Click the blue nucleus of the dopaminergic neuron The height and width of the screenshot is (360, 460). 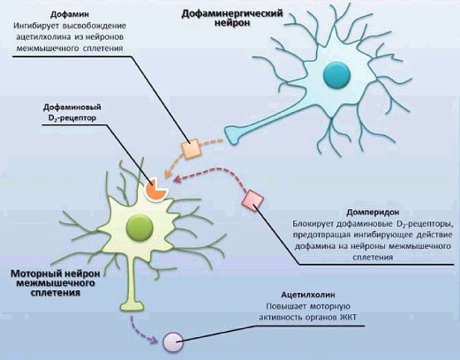click(x=336, y=75)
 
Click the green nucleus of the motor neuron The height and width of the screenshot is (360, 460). click(x=140, y=228)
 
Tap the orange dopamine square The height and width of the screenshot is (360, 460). click(x=192, y=149)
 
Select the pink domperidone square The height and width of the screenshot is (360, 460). click(x=253, y=200)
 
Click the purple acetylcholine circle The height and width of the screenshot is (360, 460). click(x=173, y=342)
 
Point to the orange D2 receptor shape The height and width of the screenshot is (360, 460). click(x=155, y=190)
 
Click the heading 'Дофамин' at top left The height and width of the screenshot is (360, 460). click(x=70, y=14)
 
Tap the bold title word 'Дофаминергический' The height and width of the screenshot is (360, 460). click(x=232, y=13)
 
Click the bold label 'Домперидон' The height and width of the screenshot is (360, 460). click(x=373, y=212)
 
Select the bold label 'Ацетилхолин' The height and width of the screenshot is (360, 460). click(x=308, y=295)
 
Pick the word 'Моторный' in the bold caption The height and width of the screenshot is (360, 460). click(x=32, y=274)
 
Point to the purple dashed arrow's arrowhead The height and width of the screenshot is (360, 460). click(x=154, y=341)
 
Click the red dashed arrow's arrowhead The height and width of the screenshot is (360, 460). click(x=177, y=179)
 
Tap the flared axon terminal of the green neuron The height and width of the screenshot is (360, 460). click(x=132, y=305)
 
